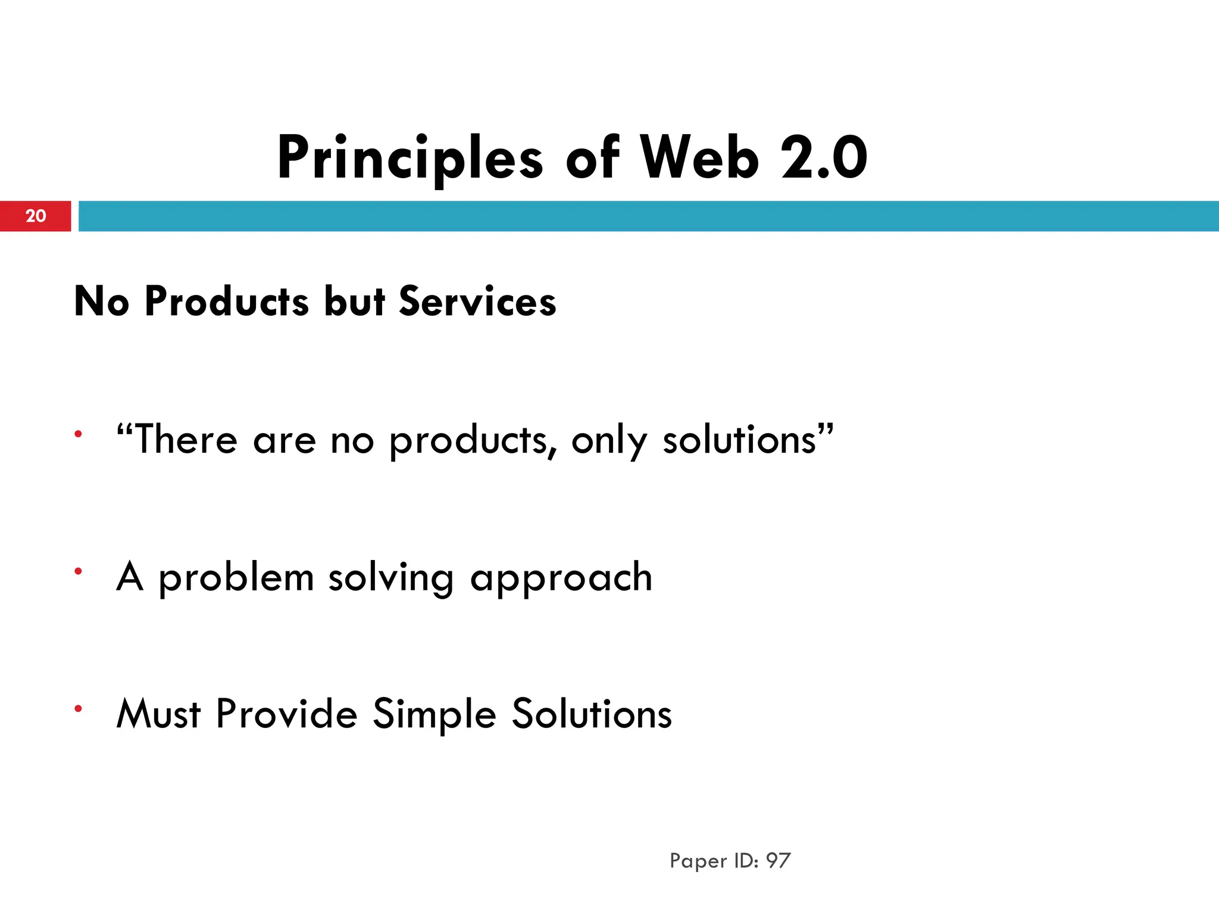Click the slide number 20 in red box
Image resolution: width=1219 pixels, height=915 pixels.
pyautogui.click(x=36, y=216)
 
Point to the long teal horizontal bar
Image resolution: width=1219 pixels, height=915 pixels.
pyautogui.click(x=649, y=216)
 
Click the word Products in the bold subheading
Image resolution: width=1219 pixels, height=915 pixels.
pyautogui.click(x=227, y=301)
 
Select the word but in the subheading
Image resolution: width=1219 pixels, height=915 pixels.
pyautogui.click(x=355, y=301)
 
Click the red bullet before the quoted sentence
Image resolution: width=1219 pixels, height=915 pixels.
pyautogui.click(x=78, y=434)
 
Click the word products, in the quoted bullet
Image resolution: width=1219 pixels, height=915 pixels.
pyautogui.click(x=473, y=441)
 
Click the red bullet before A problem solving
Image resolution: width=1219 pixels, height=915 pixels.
pyautogui.click(x=78, y=571)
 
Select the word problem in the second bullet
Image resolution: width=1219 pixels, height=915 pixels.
pyautogui.click(x=236, y=578)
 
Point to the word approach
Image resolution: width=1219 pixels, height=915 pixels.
pyautogui.click(x=561, y=578)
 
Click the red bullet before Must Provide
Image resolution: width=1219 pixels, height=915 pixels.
pyautogui.click(x=78, y=708)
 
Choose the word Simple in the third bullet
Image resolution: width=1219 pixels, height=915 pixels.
pyautogui.click(x=435, y=714)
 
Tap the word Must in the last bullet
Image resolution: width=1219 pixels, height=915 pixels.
pyautogui.click(x=158, y=714)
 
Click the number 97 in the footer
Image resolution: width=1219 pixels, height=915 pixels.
pyautogui.click(x=778, y=860)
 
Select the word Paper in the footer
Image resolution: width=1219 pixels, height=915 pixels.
pyautogui.click(x=698, y=861)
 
